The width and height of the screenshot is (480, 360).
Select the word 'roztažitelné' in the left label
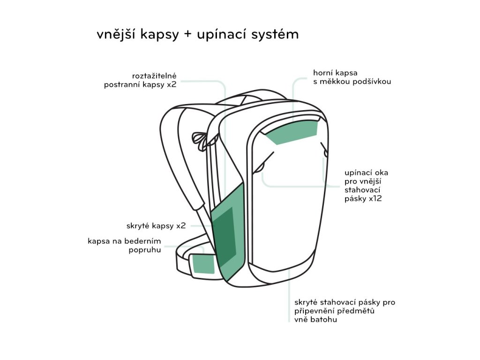(154, 75)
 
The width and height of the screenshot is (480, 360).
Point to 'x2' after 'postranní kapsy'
(172, 85)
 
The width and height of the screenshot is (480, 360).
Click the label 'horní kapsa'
(335, 73)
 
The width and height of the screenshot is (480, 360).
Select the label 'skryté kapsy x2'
(156, 225)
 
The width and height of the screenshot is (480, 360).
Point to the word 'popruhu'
(145, 249)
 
